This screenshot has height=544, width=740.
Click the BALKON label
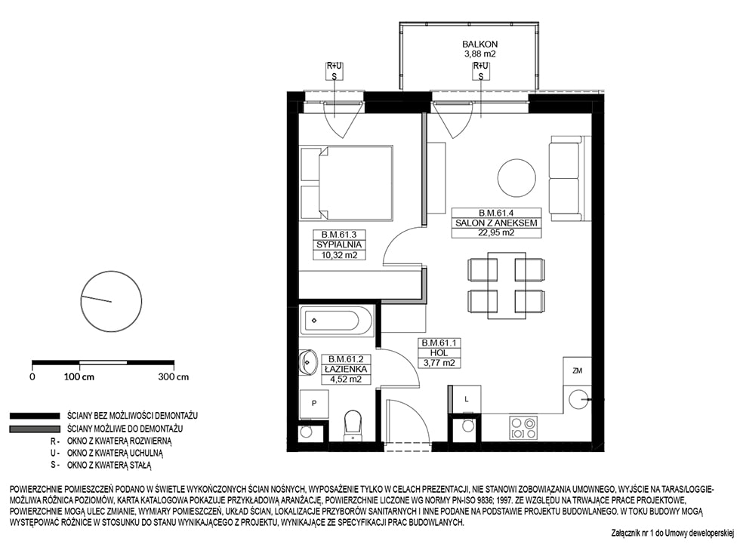[479, 44]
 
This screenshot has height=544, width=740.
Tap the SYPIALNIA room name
[339, 244]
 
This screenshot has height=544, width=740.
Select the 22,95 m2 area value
[496, 232]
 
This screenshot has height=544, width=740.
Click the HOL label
[439, 352]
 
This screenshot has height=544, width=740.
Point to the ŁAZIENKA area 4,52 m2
[346, 379]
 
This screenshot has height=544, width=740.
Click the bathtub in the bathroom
[337, 321]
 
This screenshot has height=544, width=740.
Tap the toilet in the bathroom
[353, 426]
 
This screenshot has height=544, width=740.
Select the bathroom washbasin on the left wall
[307, 362]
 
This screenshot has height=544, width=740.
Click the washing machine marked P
[314, 404]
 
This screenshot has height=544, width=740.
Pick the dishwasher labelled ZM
[577, 371]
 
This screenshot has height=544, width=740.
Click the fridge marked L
[466, 400]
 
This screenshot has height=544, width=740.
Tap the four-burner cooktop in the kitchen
[523, 428]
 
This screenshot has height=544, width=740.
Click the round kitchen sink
[578, 400]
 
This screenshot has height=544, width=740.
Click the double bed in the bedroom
[347, 183]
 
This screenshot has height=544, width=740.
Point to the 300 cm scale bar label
[174, 376]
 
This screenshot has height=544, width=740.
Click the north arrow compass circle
[112, 302]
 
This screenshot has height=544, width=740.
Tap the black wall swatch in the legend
[35, 416]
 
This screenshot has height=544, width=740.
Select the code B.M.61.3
[339, 234]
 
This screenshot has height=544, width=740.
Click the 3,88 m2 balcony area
[480, 54]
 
